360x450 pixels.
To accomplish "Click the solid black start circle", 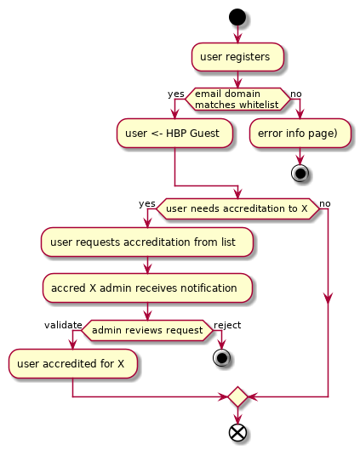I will tap(237, 16).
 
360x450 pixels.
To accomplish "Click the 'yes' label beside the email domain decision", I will tap(176, 94).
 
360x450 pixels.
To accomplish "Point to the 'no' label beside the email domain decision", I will tap(295, 94).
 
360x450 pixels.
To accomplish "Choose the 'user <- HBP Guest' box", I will tap(174, 133).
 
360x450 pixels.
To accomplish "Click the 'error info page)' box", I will tap(300, 133).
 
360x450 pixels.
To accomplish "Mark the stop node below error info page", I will tap(300, 173).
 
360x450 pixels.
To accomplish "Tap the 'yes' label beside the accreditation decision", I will tap(147, 204).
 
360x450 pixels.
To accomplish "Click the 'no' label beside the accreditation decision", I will tap(325, 204).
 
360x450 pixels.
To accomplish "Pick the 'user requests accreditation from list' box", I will tap(147, 242).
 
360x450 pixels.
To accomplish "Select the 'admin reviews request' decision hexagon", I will tap(147, 329).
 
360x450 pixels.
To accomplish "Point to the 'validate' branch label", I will tap(63, 325).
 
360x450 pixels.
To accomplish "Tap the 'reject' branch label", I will tap(227, 325).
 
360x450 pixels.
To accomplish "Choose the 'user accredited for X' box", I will tap(73, 364).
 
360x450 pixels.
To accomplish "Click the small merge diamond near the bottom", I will tap(237, 397).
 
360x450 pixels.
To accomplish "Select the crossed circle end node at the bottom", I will tap(237, 432).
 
